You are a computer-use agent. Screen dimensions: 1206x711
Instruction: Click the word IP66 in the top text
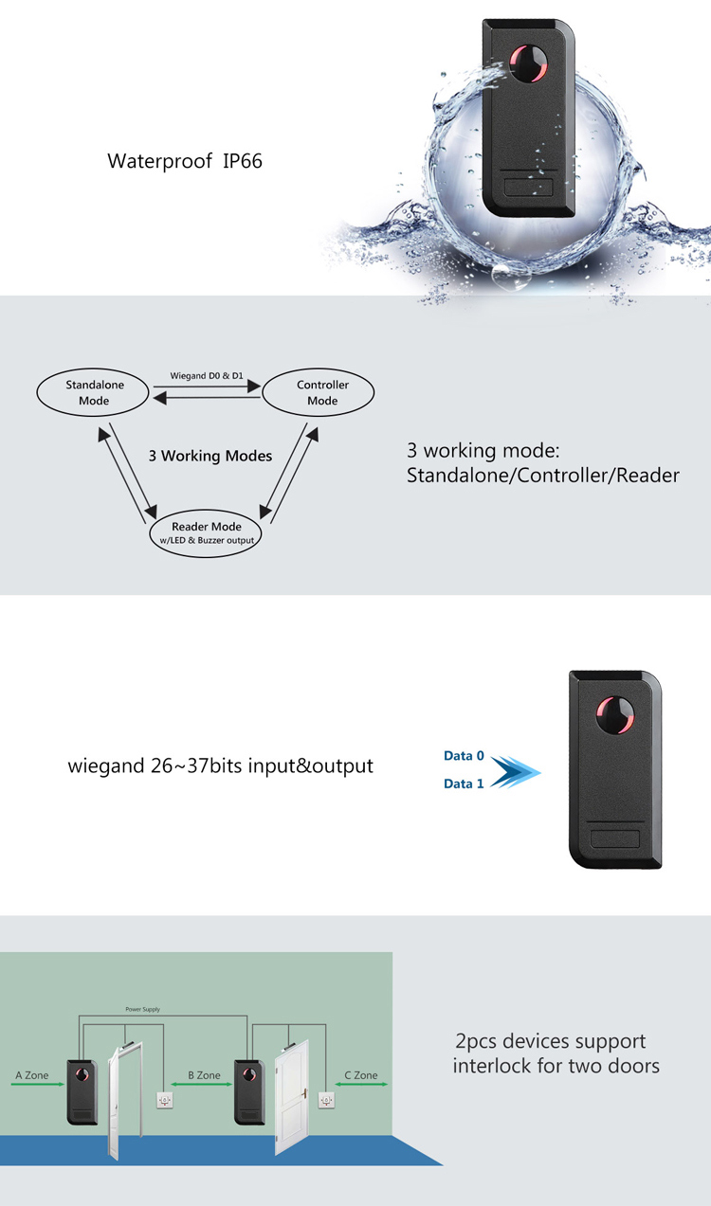pyautogui.click(x=243, y=161)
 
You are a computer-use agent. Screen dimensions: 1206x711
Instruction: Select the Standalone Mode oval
pyautogui.click(x=95, y=393)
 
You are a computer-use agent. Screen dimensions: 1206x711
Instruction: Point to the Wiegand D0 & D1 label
pyautogui.click(x=207, y=376)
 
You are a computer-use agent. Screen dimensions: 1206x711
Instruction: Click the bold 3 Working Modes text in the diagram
pyautogui.click(x=210, y=456)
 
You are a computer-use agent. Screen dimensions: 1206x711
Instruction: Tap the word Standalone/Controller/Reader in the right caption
pyautogui.click(x=543, y=475)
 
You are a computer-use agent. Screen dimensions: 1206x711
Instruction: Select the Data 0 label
pyautogui.click(x=464, y=756)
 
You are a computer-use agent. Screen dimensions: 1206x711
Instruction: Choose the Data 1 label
pyautogui.click(x=464, y=783)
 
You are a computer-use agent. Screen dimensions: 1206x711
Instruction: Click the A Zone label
pyautogui.click(x=31, y=1075)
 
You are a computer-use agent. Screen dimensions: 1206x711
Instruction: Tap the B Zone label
pyautogui.click(x=204, y=1075)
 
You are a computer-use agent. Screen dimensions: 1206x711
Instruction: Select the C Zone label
pyautogui.click(x=360, y=1075)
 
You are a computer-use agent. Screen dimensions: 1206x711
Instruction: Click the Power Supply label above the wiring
pyautogui.click(x=142, y=1010)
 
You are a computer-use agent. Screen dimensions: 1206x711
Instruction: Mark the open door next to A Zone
pyautogui.click(x=124, y=1099)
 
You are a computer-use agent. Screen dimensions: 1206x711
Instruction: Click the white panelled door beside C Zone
pyautogui.click(x=291, y=1099)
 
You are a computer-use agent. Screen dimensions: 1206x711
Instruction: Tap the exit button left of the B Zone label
pyautogui.click(x=162, y=1100)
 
